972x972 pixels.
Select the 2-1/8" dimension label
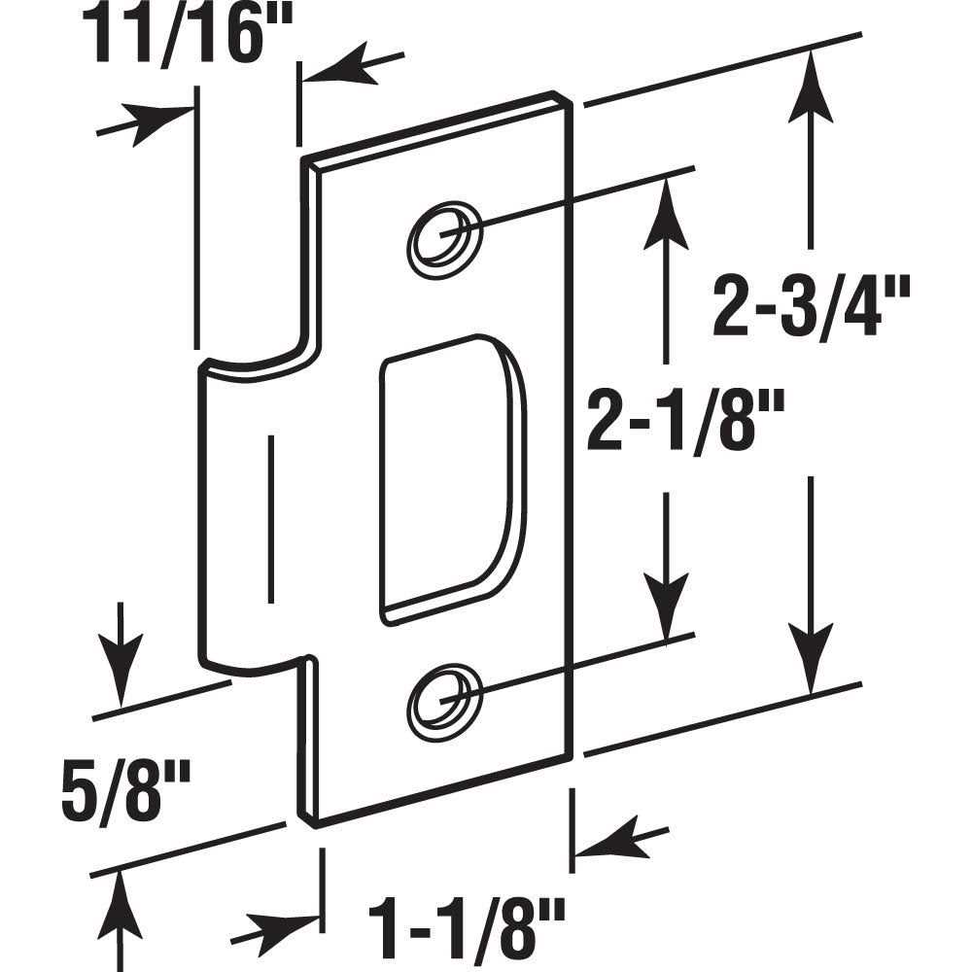pyautogui.click(x=670, y=417)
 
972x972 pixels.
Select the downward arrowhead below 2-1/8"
pyautogui.click(x=666, y=612)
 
